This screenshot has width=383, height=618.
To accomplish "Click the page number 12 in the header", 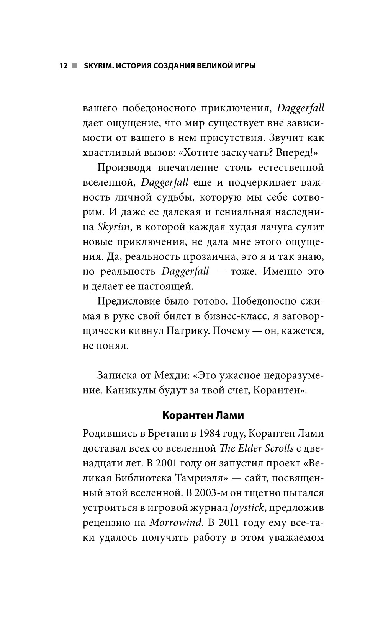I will (x=63, y=66).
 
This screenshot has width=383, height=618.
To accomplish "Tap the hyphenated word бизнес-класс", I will (x=231, y=316).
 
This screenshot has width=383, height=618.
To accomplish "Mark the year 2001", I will (x=166, y=463).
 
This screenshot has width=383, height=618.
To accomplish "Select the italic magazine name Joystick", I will (x=247, y=508).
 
